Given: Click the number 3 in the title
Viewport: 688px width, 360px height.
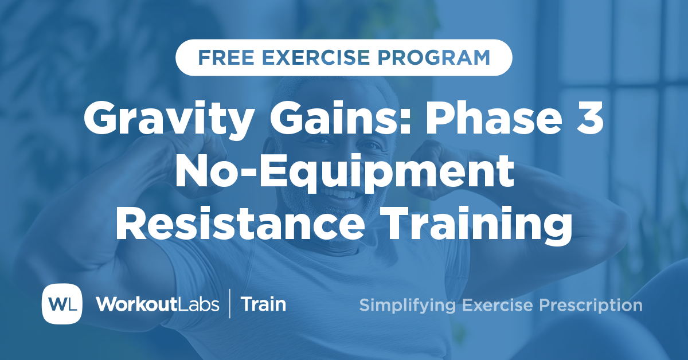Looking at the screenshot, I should coord(589,119).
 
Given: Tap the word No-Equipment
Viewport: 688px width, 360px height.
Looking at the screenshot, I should coord(344,174).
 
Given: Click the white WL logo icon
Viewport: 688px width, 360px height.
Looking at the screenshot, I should coord(62,303).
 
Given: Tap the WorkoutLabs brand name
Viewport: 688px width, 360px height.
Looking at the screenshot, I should coord(157,304).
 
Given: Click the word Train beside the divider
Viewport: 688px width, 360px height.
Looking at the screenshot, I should coord(263,304).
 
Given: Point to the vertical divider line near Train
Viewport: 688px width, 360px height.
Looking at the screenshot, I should coord(230,304).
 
